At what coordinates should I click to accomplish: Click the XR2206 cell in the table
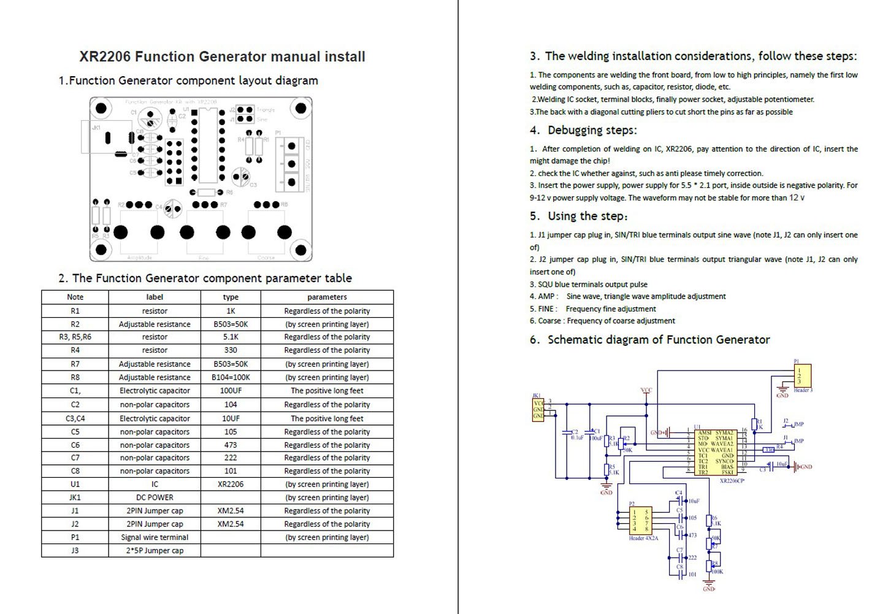click(x=231, y=484)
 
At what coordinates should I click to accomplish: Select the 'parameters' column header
click(x=327, y=297)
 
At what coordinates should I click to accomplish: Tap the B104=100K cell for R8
click(x=231, y=377)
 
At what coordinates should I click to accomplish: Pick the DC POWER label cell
click(x=155, y=497)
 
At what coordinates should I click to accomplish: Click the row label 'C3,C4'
click(x=75, y=418)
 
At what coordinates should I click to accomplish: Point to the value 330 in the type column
click(x=231, y=350)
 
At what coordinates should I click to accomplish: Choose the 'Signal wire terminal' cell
click(x=155, y=537)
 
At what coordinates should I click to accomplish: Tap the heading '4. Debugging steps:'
click(x=584, y=130)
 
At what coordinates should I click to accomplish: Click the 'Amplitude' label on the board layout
click(x=139, y=258)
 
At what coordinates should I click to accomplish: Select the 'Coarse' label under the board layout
click(x=266, y=258)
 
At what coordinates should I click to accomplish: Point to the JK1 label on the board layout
click(x=96, y=128)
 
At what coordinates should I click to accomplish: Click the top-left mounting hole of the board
click(x=101, y=109)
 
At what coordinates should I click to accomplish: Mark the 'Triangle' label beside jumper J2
click(x=266, y=110)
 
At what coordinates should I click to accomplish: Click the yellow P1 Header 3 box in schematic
click(x=802, y=375)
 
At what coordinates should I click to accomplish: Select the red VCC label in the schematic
click(x=646, y=390)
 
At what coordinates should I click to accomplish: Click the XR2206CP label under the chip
click(x=732, y=481)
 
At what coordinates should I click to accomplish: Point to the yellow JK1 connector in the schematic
click(x=538, y=409)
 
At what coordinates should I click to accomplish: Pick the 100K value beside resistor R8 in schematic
click(x=717, y=572)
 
